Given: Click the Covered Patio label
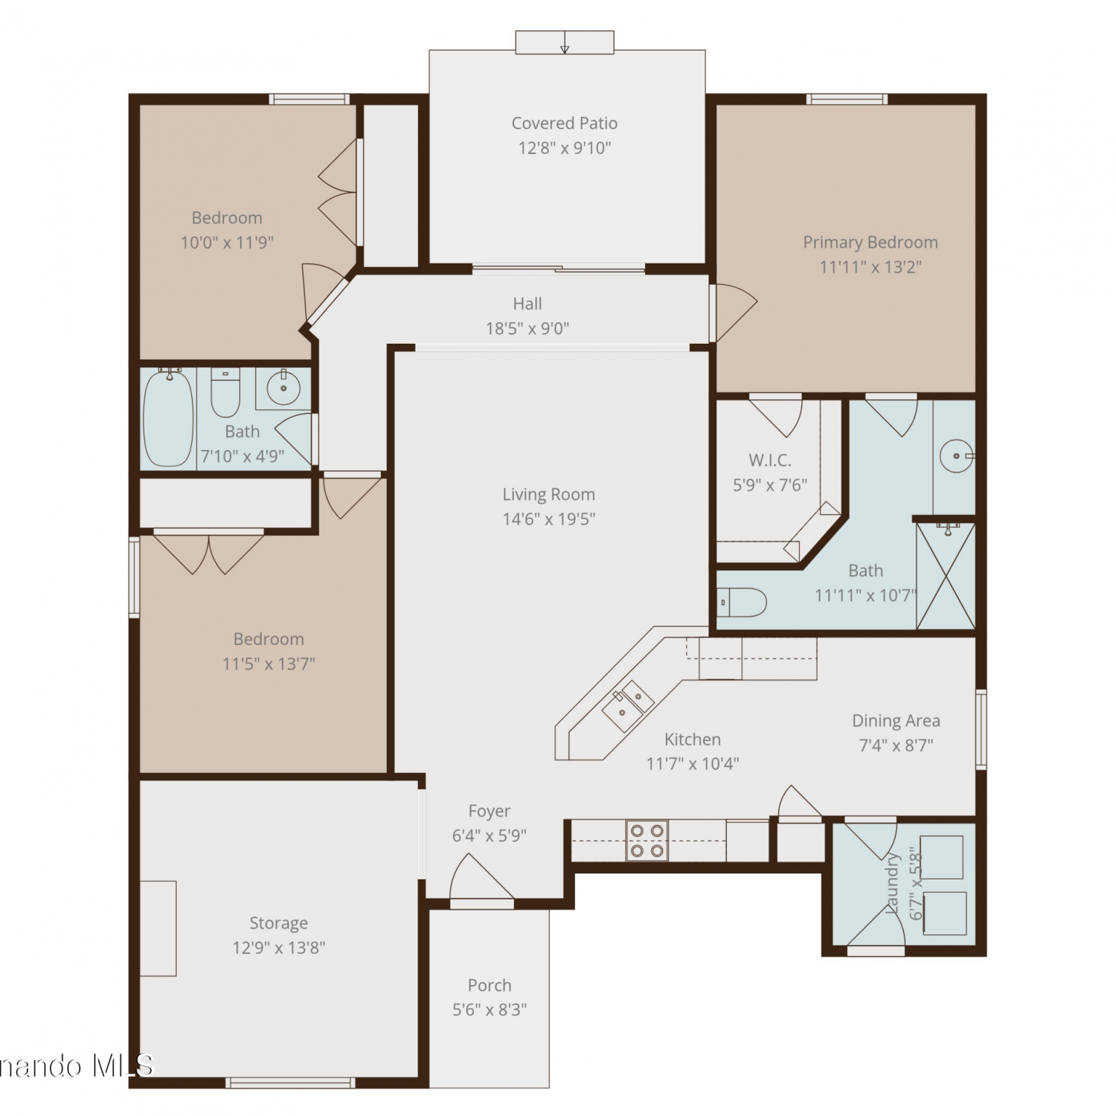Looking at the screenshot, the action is [564, 123].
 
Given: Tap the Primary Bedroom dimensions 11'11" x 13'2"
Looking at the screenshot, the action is [870, 266].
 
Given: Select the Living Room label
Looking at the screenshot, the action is [548, 495].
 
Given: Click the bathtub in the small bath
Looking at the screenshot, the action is [169, 417].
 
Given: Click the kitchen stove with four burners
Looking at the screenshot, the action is [647, 840].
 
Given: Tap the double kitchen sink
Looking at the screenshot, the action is [628, 705].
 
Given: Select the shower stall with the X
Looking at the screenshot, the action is [946, 576].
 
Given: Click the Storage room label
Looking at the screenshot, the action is [278, 923].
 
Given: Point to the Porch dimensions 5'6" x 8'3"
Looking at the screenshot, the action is [490, 1010].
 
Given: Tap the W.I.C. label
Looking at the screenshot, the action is [769, 461].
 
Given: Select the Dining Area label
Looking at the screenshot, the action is [896, 720].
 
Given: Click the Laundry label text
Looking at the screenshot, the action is [892, 883].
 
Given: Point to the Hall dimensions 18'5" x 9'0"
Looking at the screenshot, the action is [527, 328].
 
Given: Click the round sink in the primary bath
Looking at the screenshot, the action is [956, 455].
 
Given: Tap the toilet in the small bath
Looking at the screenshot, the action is [225, 393].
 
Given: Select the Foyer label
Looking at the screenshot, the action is [489, 811].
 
